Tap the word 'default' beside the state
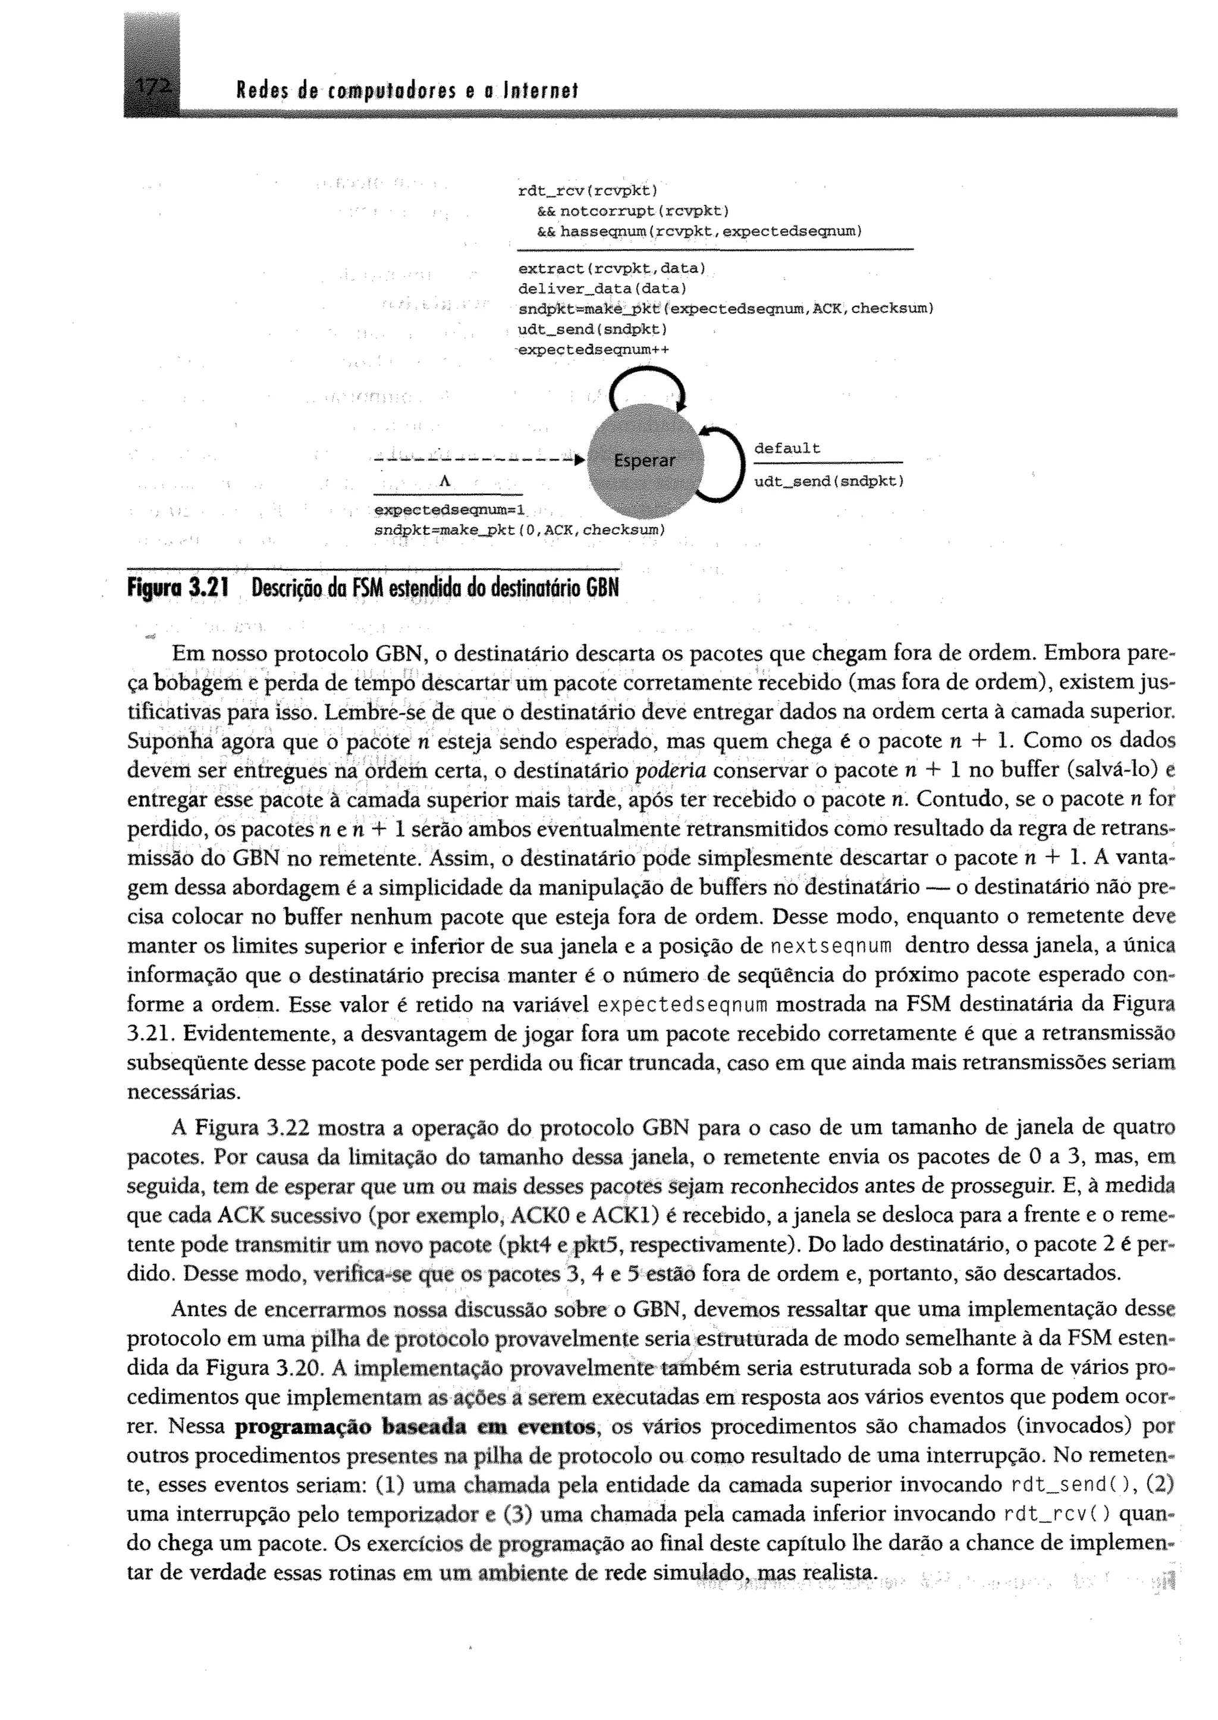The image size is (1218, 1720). click(787, 449)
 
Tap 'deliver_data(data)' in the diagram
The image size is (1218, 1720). click(602, 288)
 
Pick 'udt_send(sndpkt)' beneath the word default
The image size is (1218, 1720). click(828, 481)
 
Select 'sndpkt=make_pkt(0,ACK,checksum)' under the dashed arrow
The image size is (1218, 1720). click(520, 530)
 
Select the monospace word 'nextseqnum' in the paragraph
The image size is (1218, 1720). click(830, 946)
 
